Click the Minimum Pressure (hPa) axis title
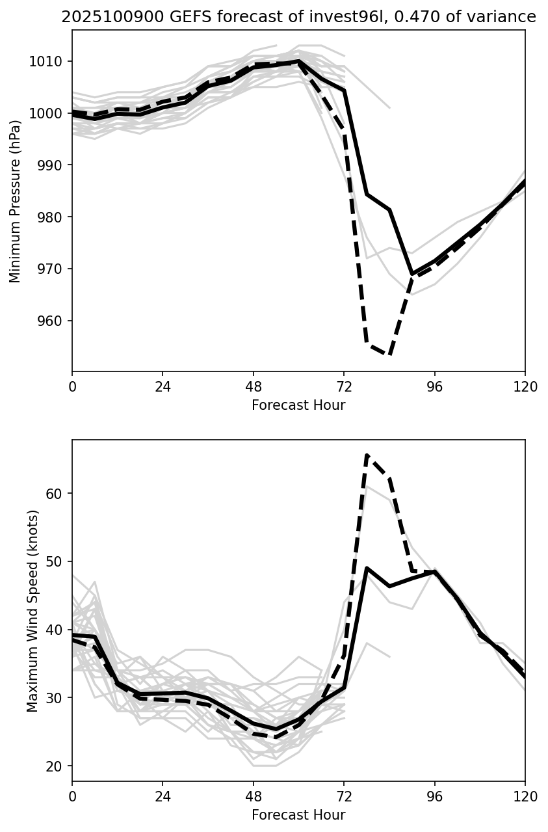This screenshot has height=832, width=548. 16,202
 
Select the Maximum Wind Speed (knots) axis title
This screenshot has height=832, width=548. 33,610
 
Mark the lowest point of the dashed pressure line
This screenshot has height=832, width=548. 389,355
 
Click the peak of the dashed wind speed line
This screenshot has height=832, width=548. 367,456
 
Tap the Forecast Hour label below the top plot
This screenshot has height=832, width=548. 298,405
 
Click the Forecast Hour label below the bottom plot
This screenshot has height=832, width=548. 298,814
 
